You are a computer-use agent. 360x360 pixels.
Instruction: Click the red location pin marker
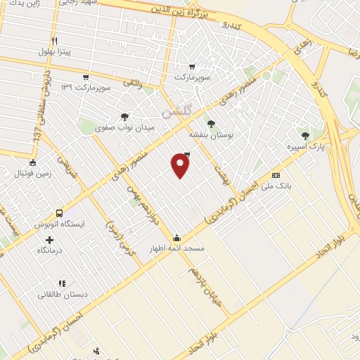(181, 166)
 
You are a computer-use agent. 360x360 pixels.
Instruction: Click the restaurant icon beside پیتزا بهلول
(54, 41)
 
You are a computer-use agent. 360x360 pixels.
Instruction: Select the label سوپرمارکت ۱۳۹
(86, 88)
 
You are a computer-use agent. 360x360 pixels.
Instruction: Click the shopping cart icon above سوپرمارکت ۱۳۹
(86, 77)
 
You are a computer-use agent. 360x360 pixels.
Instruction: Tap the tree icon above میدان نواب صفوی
(124, 117)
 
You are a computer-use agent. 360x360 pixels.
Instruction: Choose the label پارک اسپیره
(304, 148)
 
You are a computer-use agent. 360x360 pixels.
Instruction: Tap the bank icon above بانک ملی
(276, 176)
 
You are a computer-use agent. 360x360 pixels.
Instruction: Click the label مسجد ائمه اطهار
(175, 249)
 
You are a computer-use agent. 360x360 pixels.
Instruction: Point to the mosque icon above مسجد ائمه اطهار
(176, 238)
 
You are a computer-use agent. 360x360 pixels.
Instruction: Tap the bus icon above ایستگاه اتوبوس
(59, 213)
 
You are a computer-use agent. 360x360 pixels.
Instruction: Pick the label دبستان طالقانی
(64, 295)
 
